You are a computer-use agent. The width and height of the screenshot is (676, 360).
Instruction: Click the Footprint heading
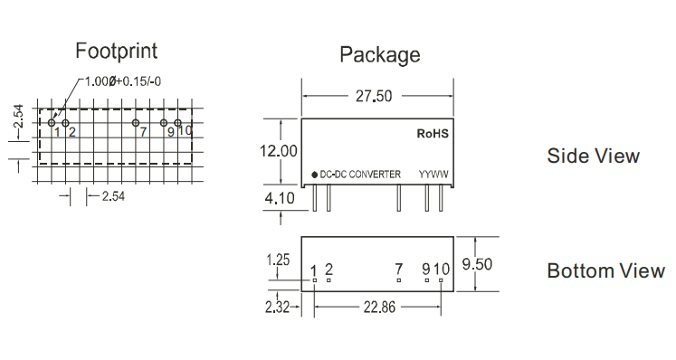click(x=117, y=52)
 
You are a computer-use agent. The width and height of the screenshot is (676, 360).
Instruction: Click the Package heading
click(x=380, y=55)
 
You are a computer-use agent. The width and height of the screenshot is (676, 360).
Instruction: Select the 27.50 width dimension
click(x=374, y=96)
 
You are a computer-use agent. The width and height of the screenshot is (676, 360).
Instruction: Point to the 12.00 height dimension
click(x=278, y=151)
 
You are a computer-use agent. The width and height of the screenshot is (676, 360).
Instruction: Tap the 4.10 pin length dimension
click(x=280, y=198)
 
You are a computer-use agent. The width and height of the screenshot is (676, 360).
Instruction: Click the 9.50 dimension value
click(x=477, y=264)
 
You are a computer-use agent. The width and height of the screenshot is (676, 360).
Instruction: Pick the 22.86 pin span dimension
click(x=379, y=307)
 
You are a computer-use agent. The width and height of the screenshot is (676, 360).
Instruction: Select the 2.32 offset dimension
click(x=277, y=307)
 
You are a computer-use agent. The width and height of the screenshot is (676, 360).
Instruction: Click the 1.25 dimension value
click(x=278, y=260)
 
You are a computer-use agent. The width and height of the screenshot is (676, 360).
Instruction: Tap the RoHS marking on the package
click(x=433, y=134)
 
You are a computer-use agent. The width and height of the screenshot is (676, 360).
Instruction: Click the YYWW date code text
click(x=433, y=175)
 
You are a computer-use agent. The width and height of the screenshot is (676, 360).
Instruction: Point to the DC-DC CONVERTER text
click(x=360, y=175)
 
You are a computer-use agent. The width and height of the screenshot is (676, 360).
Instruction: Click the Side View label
click(x=594, y=156)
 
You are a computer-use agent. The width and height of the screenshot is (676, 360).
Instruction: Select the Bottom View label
click(x=605, y=270)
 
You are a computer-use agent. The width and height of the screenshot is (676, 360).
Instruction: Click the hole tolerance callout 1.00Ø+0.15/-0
click(x=123, y=81)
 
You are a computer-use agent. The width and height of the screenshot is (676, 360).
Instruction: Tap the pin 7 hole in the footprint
click(x=136, y=123)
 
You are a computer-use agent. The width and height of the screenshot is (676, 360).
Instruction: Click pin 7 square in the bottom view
click(x=399, y=280)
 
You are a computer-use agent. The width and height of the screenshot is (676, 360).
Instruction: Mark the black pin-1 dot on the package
click(x=314, y=175)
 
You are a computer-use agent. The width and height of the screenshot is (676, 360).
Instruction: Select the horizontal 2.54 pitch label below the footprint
click(x=113, y=196)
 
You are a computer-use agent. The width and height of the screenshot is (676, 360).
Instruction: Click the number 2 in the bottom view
click(x=328, y=270)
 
